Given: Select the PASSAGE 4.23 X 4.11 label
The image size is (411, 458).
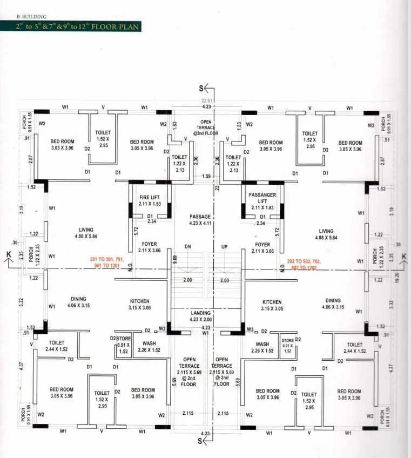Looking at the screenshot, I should pos(200,220).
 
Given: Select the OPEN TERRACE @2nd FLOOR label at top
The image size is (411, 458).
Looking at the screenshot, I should pos(206,127).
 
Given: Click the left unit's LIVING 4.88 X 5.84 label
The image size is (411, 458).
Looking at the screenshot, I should pos(86,233).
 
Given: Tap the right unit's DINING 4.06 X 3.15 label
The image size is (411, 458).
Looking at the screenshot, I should pos(333,304).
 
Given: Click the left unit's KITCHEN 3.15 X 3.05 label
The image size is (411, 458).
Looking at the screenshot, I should pos(139,305).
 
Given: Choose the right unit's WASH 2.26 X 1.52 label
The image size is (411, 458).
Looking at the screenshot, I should pos(262,347).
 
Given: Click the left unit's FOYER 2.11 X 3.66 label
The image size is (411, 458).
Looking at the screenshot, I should pos(149,247).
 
